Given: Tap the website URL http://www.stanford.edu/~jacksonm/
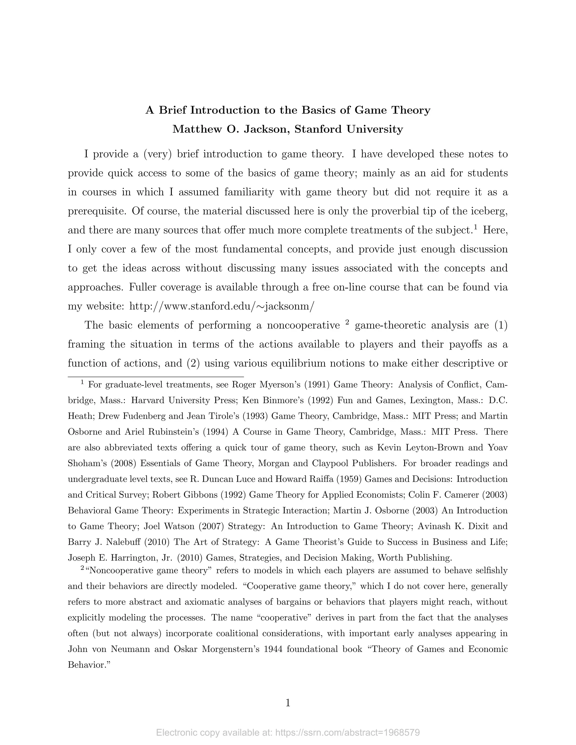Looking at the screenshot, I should tap(221, 306).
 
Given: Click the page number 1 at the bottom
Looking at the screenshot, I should tap(288, 703).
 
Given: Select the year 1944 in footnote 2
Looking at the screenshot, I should tap(273, 649).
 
